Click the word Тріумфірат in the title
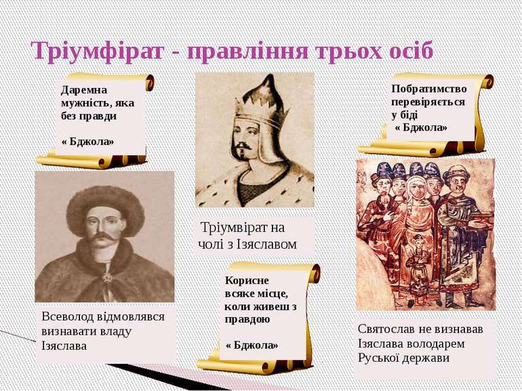click(x=98, y=52)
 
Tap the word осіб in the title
click(x=411, y=51)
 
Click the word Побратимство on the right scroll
click(x=429, y=89)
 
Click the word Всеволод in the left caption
click(x=68, y=316)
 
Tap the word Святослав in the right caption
click(x=384, y=329)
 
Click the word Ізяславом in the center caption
click(x=266, y=244)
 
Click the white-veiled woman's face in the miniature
click(x=416, y=190)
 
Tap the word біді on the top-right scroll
click(x=409, y=115)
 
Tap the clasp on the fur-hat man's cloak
click(x=107, y=277)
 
